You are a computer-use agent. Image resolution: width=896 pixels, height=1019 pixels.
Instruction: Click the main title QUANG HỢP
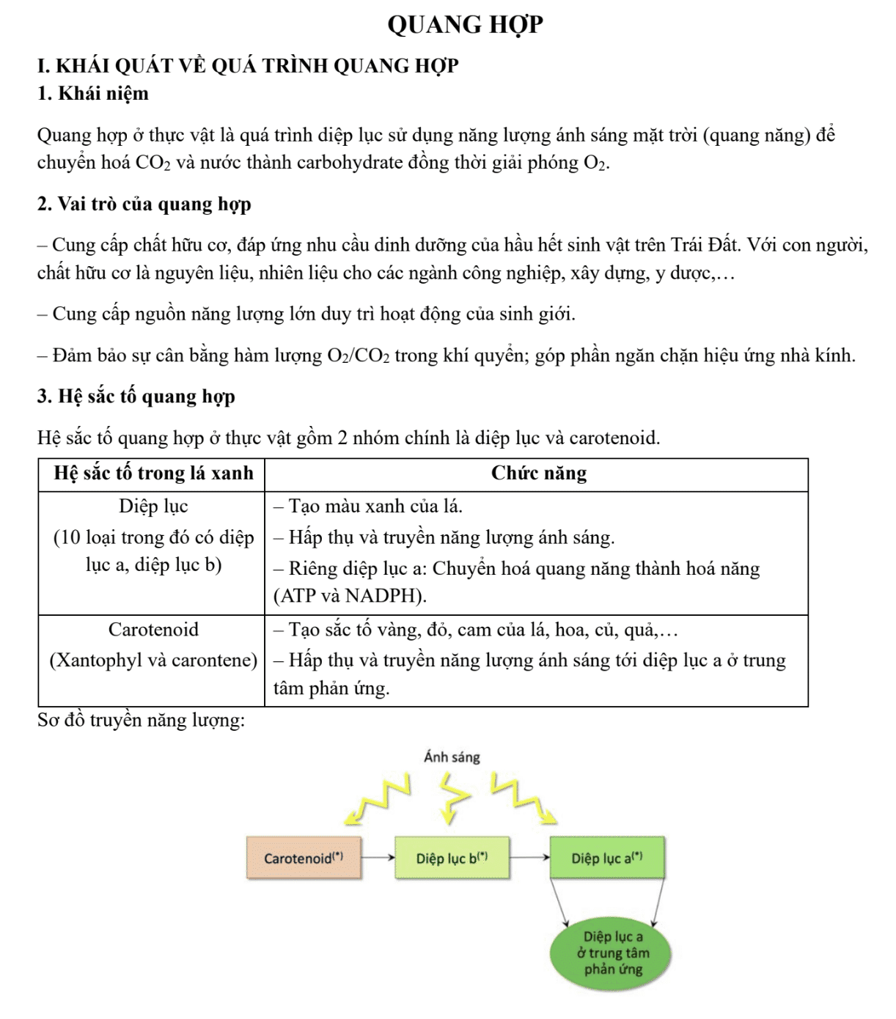(x=465, y=24)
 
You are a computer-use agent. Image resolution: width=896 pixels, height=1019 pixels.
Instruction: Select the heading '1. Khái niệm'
(x=92, y=94)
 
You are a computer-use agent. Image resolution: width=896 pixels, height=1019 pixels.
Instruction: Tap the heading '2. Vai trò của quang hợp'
(x=144, y=204)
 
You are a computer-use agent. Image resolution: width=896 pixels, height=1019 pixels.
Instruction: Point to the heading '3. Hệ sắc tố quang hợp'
(x=136, y=397)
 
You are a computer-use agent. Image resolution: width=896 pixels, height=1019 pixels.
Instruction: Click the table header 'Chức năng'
(x=538, y=474)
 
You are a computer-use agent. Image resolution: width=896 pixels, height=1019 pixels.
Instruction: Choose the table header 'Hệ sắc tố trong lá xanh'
(x=153, y=474)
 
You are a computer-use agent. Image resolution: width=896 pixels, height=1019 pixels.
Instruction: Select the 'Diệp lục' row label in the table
(x=153, y=506)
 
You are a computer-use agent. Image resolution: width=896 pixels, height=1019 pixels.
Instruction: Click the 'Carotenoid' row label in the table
(x=153, y=630)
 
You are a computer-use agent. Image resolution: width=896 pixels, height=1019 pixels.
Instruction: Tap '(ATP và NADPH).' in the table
(x=350, y=596)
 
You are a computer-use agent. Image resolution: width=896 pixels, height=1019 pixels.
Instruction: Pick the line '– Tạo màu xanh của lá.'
(x=368, y=506)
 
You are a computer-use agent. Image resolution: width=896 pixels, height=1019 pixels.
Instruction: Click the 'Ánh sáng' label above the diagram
(x=452, y=757)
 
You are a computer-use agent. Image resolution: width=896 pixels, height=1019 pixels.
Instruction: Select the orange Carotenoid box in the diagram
(x=304, y=858)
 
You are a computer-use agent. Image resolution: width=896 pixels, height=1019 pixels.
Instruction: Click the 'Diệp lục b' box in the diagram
(x=452, y=858)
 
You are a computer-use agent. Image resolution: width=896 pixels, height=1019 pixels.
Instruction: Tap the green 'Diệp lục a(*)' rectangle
(x=607, y=858)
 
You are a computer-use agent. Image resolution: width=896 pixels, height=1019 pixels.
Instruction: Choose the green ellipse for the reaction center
(x=613, y=953)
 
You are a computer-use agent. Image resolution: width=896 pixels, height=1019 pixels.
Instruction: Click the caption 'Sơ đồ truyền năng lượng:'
(x=141, y=721)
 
